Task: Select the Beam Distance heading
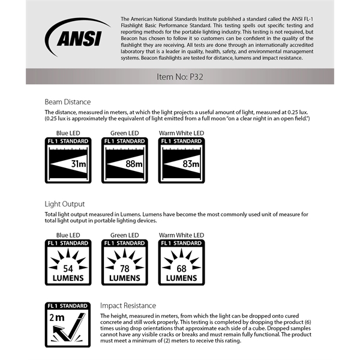(68, 102)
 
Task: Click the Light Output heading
(65, 204)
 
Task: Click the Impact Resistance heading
(128, 305)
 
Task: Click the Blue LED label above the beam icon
(68, 133)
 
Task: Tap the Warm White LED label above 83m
(181, 133)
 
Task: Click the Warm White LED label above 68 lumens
(181, 235)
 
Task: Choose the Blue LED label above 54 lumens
(68, 235)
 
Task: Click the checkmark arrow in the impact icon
(74, 330)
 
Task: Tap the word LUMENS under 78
(124, 278)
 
